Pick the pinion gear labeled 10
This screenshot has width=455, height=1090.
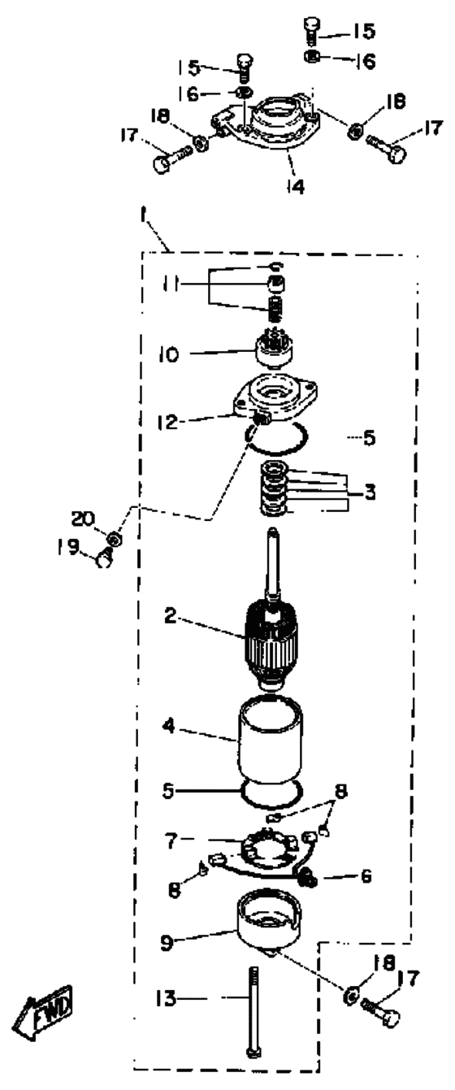[275, 352]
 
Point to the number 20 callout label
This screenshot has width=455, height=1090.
[83, 519]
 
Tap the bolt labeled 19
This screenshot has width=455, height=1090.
[105, 558]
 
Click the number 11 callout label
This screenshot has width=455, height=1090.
[172, 284]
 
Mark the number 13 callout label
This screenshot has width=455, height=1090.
[167, 998]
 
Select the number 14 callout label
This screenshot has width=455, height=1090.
[296, 185]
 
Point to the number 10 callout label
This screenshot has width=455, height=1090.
[167, 354]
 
